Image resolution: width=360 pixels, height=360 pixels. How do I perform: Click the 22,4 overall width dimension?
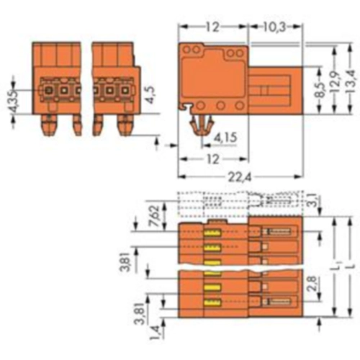239,177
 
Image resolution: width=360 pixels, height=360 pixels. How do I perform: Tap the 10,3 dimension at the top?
274,27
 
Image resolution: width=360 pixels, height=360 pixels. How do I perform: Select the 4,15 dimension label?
225,138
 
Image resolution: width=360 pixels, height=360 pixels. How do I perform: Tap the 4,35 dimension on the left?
14,102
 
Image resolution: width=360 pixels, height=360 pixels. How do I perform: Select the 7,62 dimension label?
156,215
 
